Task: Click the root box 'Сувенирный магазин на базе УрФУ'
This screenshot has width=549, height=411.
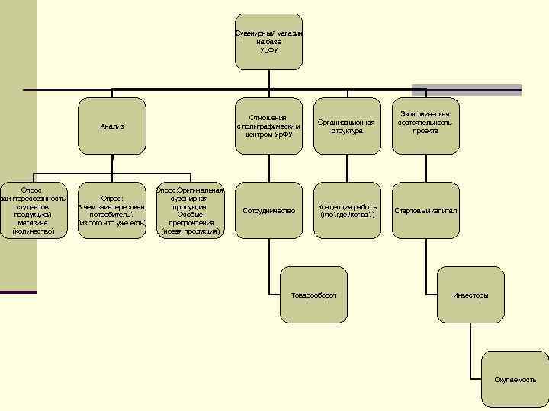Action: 268,41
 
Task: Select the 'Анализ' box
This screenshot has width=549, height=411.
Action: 112,126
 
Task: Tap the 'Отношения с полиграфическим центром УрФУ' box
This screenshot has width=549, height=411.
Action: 268,126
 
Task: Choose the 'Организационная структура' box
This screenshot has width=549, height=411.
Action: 347,126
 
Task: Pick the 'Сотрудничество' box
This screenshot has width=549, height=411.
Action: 268,210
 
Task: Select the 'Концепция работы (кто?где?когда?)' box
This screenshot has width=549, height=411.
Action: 347,210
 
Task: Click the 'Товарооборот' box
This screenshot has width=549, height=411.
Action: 313,295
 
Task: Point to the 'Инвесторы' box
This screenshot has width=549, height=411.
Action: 470,295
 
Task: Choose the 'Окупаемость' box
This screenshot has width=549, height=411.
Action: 515,378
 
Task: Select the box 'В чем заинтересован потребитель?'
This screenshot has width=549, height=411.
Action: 112,210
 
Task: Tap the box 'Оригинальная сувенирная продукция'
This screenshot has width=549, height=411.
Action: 190,210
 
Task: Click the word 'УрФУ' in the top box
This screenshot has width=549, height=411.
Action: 268,50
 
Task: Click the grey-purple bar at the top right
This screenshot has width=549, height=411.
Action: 467,90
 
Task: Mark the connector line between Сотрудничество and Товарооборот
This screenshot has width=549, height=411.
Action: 268,266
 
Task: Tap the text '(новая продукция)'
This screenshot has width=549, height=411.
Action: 190,231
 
